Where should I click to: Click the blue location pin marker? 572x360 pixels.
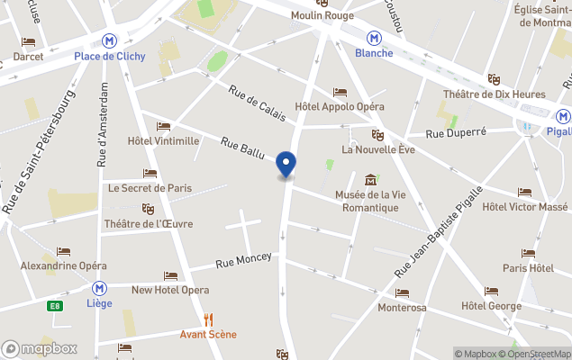point(286,165)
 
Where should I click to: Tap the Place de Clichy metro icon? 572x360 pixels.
point(110,40)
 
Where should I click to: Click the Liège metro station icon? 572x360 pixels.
point(99,288)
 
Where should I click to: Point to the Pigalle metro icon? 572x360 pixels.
point(562,116)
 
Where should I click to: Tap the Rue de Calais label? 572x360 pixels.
point(257,103)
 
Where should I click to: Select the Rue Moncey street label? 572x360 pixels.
point(243,261)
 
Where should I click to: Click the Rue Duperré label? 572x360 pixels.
point(456,132)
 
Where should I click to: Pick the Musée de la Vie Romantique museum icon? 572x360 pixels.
point(370,180)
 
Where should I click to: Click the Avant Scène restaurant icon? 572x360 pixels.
point(209,319)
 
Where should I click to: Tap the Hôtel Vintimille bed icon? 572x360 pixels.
point(163,127)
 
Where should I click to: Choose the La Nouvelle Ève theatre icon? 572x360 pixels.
point(377,135)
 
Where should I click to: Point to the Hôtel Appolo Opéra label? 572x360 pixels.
point(340,106)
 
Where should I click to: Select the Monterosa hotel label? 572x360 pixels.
point(402,307)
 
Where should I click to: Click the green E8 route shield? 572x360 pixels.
point(56,306)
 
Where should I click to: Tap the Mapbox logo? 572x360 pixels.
point(40,348)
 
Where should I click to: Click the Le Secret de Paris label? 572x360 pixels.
point(150,188)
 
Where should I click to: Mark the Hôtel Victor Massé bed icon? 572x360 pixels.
point(524,193)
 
